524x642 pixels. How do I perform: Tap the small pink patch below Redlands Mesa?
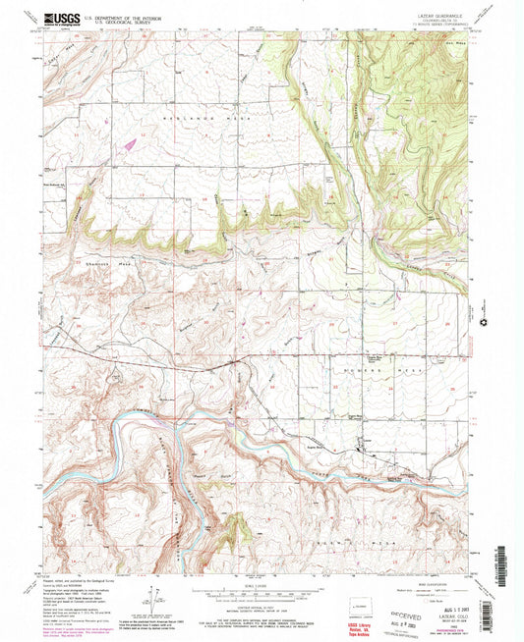(128, 143)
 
